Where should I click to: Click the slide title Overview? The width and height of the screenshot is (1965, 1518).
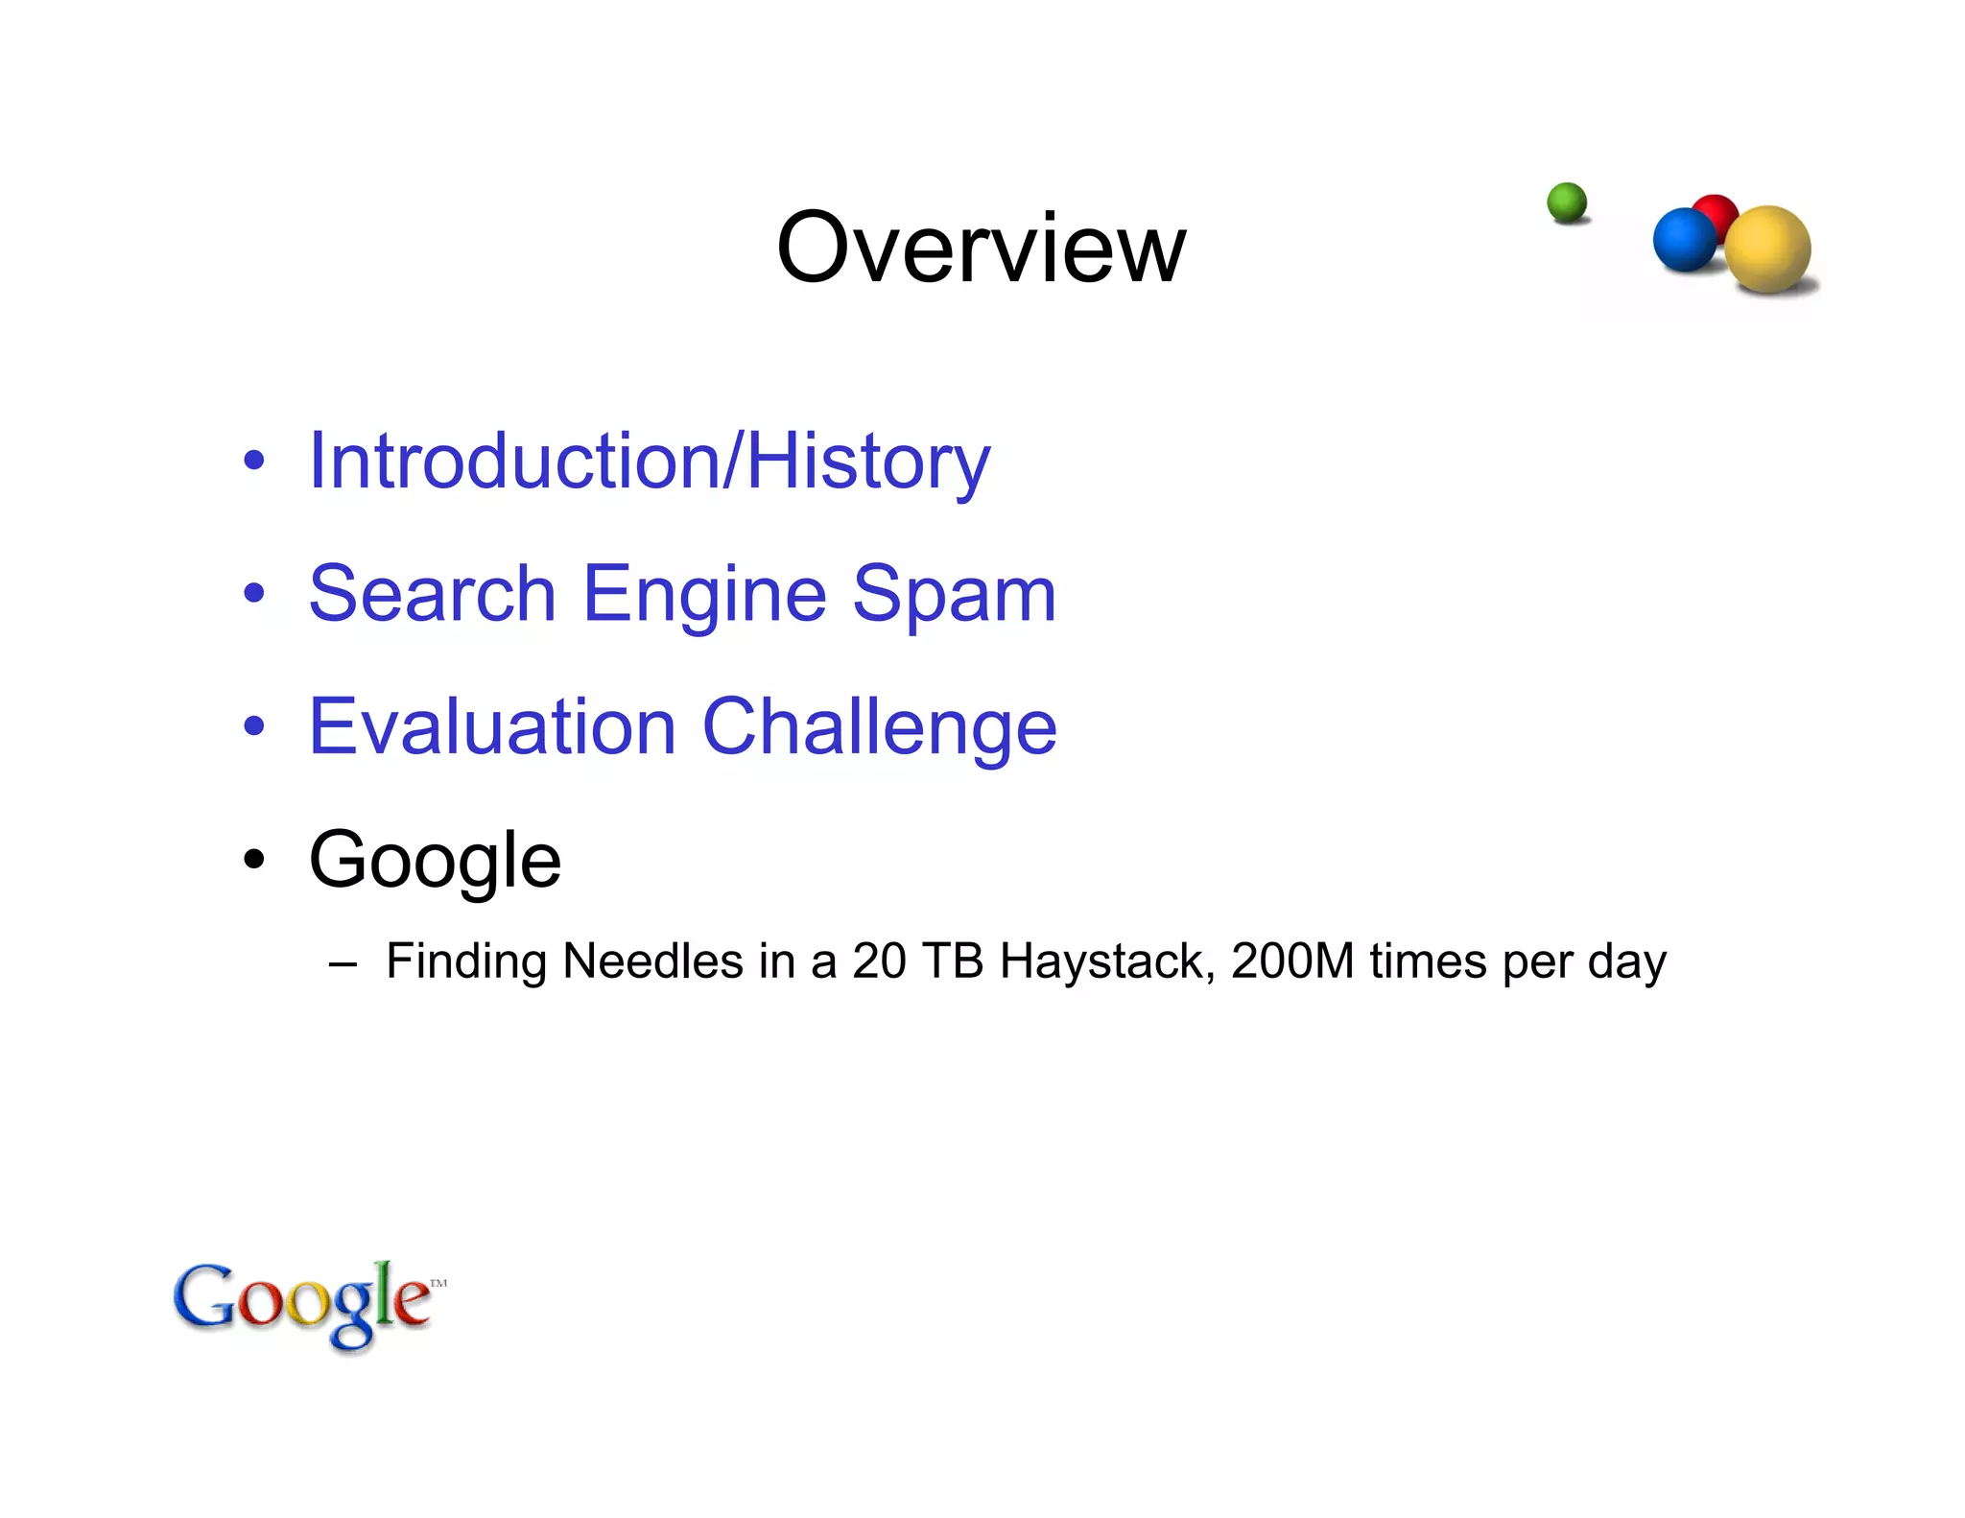tap(981, 249)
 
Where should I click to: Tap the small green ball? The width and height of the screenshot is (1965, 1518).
tap(1567, 202)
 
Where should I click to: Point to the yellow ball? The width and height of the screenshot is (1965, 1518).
tap(1769, 249)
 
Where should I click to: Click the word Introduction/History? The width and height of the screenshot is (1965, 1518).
tap(649, 462)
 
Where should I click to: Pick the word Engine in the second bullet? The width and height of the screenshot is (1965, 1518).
tap(703, 594)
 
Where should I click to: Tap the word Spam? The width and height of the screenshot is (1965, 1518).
tap(954, 594)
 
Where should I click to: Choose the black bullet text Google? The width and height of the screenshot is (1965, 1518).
tap(435, 860)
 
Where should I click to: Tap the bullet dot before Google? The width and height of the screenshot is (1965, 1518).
tap(253, 859)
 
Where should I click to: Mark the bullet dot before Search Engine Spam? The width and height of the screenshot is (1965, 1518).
tap(253, 593)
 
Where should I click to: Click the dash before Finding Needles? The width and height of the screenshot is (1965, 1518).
tap(342, 962)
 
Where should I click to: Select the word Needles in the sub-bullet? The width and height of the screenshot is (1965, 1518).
tap(651, 961)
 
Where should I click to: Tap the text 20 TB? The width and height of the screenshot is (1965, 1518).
tap(917, 961)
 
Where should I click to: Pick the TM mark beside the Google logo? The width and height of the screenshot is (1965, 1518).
tap(438, 1283)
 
